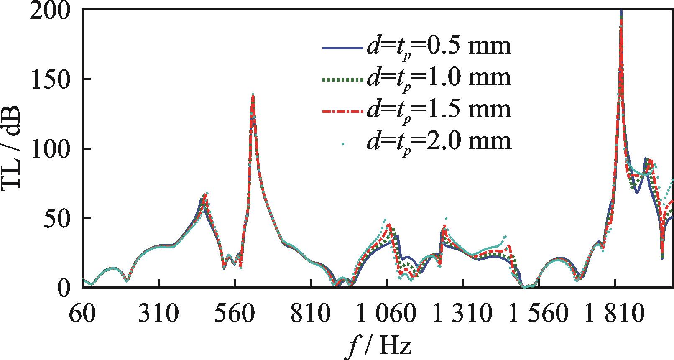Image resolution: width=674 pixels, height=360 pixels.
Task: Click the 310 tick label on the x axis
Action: pyautogui.click(x=158, y=313)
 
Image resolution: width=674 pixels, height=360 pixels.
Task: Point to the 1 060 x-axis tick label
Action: pyautogui.click(x=387, y=313)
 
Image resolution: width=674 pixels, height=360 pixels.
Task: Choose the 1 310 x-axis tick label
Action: pyautogui.click(x=463, y=313)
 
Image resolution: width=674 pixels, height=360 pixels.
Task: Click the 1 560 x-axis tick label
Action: pyautogui.click(x=539, y=313)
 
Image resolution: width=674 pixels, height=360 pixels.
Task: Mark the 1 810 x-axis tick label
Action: pyautogui.click(x=615, y=313)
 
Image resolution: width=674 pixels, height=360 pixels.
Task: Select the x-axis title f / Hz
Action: pyautogui.click(x=378, y=346)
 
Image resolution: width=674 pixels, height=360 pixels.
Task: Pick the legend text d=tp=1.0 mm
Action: pyautogui.click(x=439, y=78)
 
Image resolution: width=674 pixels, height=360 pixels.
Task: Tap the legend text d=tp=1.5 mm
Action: pyautogui.click(x=439, y=110)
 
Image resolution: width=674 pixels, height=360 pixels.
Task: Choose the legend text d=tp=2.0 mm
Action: pyautogui.click(x=439, y=141)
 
